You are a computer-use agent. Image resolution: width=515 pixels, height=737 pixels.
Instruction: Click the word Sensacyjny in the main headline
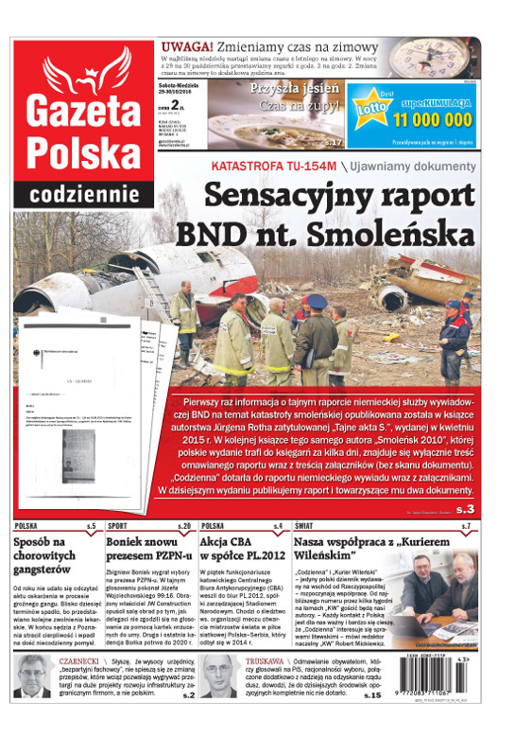pos(279,196)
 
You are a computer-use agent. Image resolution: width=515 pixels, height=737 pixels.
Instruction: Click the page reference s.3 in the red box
pos(469,509)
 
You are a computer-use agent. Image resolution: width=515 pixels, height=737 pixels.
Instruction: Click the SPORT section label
pos(119,525)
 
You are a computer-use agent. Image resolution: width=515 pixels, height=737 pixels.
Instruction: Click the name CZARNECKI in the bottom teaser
pos(81,662)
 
